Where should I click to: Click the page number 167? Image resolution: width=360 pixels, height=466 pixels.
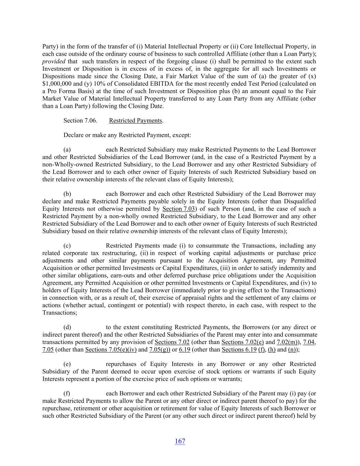[x=180, y=441]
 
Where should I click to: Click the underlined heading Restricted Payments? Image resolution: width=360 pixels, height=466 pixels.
[x=135, y=121]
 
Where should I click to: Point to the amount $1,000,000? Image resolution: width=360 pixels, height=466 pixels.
[x=56, y=84]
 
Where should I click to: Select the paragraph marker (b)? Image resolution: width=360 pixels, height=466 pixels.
[x=67, y=194]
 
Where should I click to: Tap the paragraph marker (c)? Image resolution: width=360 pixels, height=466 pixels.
[x=67, y=245]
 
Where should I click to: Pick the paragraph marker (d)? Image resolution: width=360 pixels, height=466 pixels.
[x=67, y=327]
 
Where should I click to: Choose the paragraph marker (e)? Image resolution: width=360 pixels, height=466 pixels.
[x=67, y=364]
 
